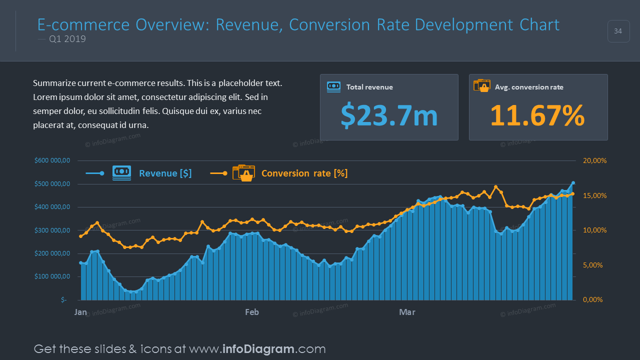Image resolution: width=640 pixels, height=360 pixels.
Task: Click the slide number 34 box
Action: (x=618, y=31)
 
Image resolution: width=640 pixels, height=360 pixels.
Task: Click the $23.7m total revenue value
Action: (x=389, y=115)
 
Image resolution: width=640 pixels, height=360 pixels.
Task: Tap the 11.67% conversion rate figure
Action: (x=537, y=115)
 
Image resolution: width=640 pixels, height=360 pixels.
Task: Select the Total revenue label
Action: (x=369, y=87)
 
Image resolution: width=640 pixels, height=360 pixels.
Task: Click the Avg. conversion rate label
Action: (x=529, y=87)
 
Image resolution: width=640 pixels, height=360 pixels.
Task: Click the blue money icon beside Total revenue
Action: (x=333, y=87)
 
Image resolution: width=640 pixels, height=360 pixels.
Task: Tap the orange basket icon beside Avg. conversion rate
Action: (x=482, y=85)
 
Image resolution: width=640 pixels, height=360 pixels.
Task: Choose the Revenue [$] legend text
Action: (x=165, y=173)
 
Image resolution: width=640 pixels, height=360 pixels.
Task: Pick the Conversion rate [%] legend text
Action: (x=304, y=173)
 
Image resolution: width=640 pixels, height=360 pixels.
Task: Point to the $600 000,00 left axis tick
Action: (x=52, y=160)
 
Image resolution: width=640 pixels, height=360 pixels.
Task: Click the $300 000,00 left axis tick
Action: (x=52, y=230)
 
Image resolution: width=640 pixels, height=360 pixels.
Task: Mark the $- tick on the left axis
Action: (x=63, y=300)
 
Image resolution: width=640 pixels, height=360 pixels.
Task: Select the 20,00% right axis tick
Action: (x=594, y=160)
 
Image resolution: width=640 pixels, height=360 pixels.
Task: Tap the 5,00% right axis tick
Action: (x=594, y=265)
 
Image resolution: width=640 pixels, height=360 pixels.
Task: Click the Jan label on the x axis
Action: (x=80, y=312)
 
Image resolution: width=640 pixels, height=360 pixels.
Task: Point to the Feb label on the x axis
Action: (x=252, y=312)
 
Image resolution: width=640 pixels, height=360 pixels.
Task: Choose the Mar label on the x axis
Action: (x=407, y=312)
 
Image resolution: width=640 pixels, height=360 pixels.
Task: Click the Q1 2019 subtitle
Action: (x=67, y=39)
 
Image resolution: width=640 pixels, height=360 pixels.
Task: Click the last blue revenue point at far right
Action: (x=573, y=183)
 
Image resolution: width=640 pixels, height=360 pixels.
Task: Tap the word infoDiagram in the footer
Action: (x=258, y=349)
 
